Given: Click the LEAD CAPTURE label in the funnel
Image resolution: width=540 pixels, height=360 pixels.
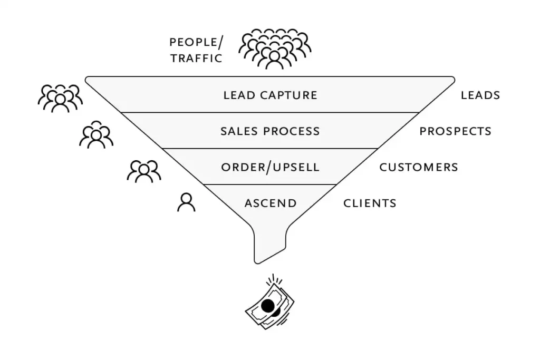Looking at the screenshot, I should (x=270, y=95).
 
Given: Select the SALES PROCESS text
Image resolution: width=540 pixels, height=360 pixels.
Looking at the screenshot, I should (x=270, y=131).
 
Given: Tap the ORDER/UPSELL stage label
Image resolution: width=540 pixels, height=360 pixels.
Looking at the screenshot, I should (x=270, y=167).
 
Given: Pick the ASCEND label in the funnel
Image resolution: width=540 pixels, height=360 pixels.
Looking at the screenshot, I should (x=270, y=203).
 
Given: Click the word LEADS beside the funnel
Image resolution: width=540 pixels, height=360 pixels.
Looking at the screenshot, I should (x=480, y=95).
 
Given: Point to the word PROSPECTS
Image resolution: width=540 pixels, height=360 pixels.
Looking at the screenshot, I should (x=455, y=131).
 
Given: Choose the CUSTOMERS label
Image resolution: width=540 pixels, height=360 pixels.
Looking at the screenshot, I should (x=419, y=167).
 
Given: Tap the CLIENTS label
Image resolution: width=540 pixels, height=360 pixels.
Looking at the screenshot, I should (x=370, y=203).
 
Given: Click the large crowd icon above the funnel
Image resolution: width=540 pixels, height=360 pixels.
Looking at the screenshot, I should (x=275, y=49).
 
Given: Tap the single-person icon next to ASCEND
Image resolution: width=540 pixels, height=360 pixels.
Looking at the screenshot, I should (x=186, y=202).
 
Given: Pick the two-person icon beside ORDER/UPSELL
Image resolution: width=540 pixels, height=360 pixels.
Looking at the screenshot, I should (x=144, y=171).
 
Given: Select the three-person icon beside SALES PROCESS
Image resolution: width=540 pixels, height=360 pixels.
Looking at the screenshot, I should (x=96, y=134).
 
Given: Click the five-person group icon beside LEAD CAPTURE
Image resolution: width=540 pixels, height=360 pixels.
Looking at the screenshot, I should (x=61, y=98).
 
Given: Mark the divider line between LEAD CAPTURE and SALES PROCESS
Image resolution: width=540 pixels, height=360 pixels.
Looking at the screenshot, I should (x=270, y=113).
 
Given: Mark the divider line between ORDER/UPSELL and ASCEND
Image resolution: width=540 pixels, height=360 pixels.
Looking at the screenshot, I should (x=270, y=184).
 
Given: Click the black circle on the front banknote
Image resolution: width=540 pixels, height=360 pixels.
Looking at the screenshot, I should (x=267, y=305).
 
